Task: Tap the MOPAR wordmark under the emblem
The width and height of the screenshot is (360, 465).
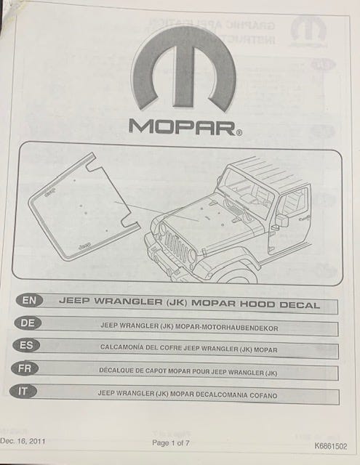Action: coord(183,127)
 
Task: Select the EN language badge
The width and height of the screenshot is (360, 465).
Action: coord(29,300)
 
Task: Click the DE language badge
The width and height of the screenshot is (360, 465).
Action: coord(28,323)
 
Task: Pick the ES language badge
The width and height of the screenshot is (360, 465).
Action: coord(26,345)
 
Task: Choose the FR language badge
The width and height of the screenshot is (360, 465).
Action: coord(25,368)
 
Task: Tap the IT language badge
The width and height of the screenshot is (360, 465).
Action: coord(23,392)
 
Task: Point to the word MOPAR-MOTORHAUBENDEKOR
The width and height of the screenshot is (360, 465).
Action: coord(227,328)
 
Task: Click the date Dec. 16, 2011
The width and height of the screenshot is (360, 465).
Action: coord(23,441)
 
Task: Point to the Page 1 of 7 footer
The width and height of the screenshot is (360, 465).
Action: coord(171,443)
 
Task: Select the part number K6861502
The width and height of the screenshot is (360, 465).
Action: coord(331,446)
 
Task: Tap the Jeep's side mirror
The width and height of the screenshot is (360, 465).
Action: coord(282,220)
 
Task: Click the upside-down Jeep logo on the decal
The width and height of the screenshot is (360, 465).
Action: coord(50,193)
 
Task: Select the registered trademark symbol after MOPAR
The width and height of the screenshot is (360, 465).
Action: coord(239,133)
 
